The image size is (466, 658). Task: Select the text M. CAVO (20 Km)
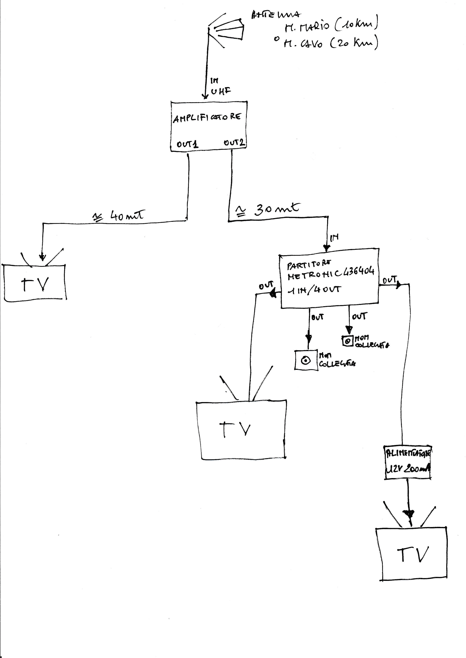[x=330, y=43]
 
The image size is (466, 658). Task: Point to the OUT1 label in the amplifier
[x=187, y=144]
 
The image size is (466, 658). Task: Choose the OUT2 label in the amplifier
[x=234, y=142]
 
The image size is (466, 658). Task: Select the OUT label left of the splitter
[x=266, y=286]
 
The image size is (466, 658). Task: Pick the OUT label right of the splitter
[x=389, y=280]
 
